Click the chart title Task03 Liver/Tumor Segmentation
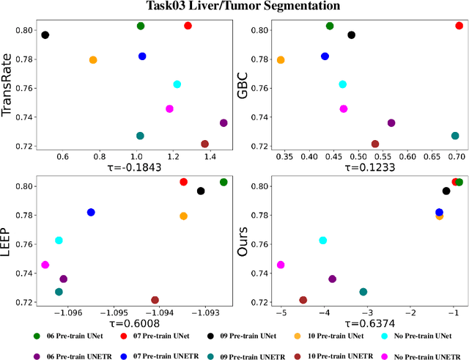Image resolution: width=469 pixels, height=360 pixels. (x=234, y=6)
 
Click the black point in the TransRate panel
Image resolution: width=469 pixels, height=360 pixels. (x=45, y=35)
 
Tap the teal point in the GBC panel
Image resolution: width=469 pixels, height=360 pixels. (x=455, y=136)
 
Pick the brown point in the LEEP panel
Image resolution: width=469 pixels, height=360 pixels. (x=155, y=300)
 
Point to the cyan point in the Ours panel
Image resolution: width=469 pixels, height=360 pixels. (x=322, y=240)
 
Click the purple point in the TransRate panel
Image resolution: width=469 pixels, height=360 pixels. (x=224, y=123)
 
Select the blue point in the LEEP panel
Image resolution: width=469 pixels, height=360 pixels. (x=91, y=212)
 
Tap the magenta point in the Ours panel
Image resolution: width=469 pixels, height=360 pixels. (x=280, y=265)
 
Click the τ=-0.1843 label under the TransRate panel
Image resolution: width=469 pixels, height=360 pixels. (x=132, y=167)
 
